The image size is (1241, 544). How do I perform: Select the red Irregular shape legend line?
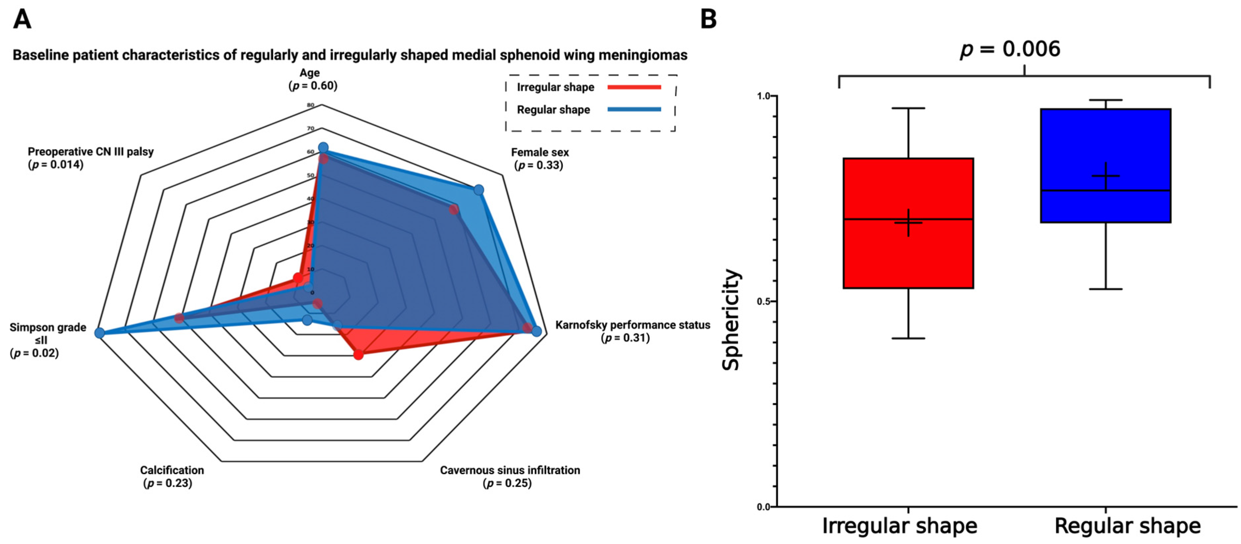634,87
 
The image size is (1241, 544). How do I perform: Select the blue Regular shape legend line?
634,109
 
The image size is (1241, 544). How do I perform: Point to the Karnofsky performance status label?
632,325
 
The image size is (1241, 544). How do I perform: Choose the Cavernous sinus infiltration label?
510,470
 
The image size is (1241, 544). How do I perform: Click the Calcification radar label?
172,470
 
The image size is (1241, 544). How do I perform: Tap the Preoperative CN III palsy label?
91,152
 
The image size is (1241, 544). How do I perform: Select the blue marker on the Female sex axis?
478,190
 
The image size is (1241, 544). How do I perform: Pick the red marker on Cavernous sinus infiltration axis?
358,355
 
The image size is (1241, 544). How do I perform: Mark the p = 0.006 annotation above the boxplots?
1010,49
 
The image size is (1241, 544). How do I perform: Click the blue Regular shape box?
1106,144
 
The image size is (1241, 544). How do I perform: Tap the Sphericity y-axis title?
730,320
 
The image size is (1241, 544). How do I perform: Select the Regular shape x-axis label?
1127,526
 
